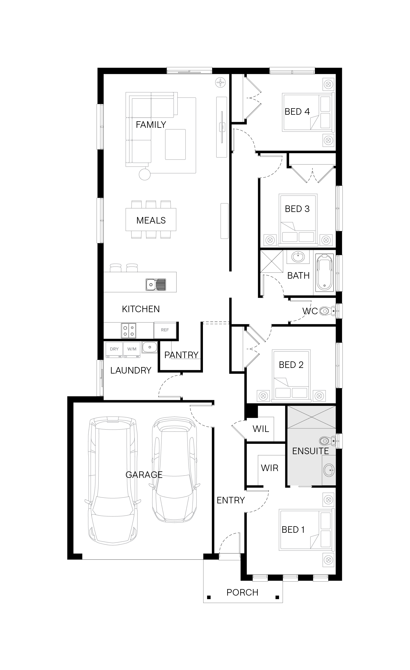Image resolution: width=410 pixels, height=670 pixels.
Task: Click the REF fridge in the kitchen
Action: point(165,330)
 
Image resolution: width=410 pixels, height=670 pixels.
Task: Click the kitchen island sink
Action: point(156,285)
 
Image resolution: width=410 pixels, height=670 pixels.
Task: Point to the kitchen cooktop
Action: point(129,330)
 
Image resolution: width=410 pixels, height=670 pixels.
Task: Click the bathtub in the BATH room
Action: point(325,272)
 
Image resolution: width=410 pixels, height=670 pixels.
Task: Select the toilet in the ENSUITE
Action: point(328,441)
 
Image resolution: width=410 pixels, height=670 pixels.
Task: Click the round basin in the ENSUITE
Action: point(329,470)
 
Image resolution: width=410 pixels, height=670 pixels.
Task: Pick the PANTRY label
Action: point(181,355)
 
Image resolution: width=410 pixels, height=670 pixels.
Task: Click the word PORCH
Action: point(242,592)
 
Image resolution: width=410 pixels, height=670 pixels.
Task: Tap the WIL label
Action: point(261,429)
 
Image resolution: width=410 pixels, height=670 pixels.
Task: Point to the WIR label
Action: point(270,468)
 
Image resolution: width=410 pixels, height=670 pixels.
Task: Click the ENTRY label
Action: point(231,500)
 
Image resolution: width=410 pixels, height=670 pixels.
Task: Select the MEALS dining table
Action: point(151,219)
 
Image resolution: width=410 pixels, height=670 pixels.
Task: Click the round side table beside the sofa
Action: point(145,174)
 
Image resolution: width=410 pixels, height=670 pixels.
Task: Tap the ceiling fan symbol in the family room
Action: point(221,82)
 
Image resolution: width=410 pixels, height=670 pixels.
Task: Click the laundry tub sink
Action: point(150,347)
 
